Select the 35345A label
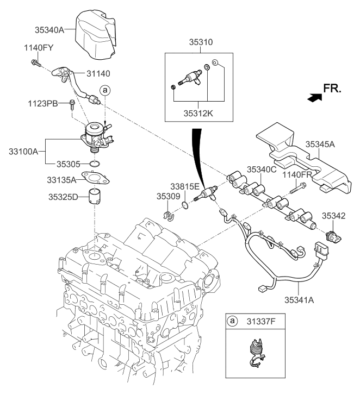[320, 145]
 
